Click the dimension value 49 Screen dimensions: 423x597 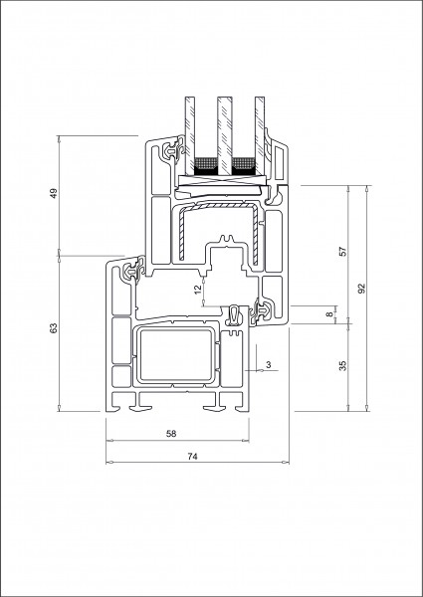tap(54, 193)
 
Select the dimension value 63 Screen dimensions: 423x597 tap(54, 327)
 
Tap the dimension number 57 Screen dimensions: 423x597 tap(343, 252)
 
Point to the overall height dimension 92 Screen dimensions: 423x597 tap(361, 289)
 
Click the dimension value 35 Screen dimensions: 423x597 tap(343, 365)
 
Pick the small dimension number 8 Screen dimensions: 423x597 tap(329, 314)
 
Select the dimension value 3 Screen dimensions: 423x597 tap(269, 365)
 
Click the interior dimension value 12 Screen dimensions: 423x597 tap(197, 290)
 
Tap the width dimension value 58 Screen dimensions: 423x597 tap(171, 433)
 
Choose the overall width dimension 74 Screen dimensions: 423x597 tap(193, 456)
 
